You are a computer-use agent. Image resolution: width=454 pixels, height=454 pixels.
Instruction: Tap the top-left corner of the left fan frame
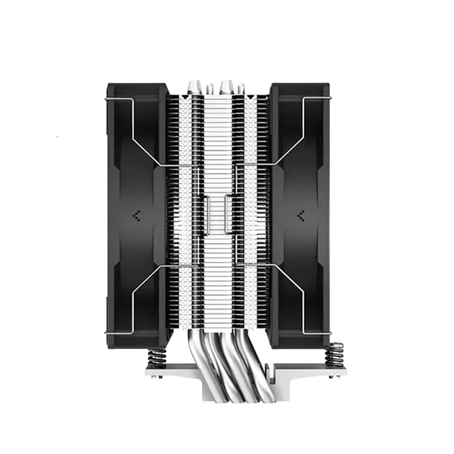click(108, 86)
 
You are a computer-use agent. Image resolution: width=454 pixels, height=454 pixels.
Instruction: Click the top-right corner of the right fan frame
click(333, 86)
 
